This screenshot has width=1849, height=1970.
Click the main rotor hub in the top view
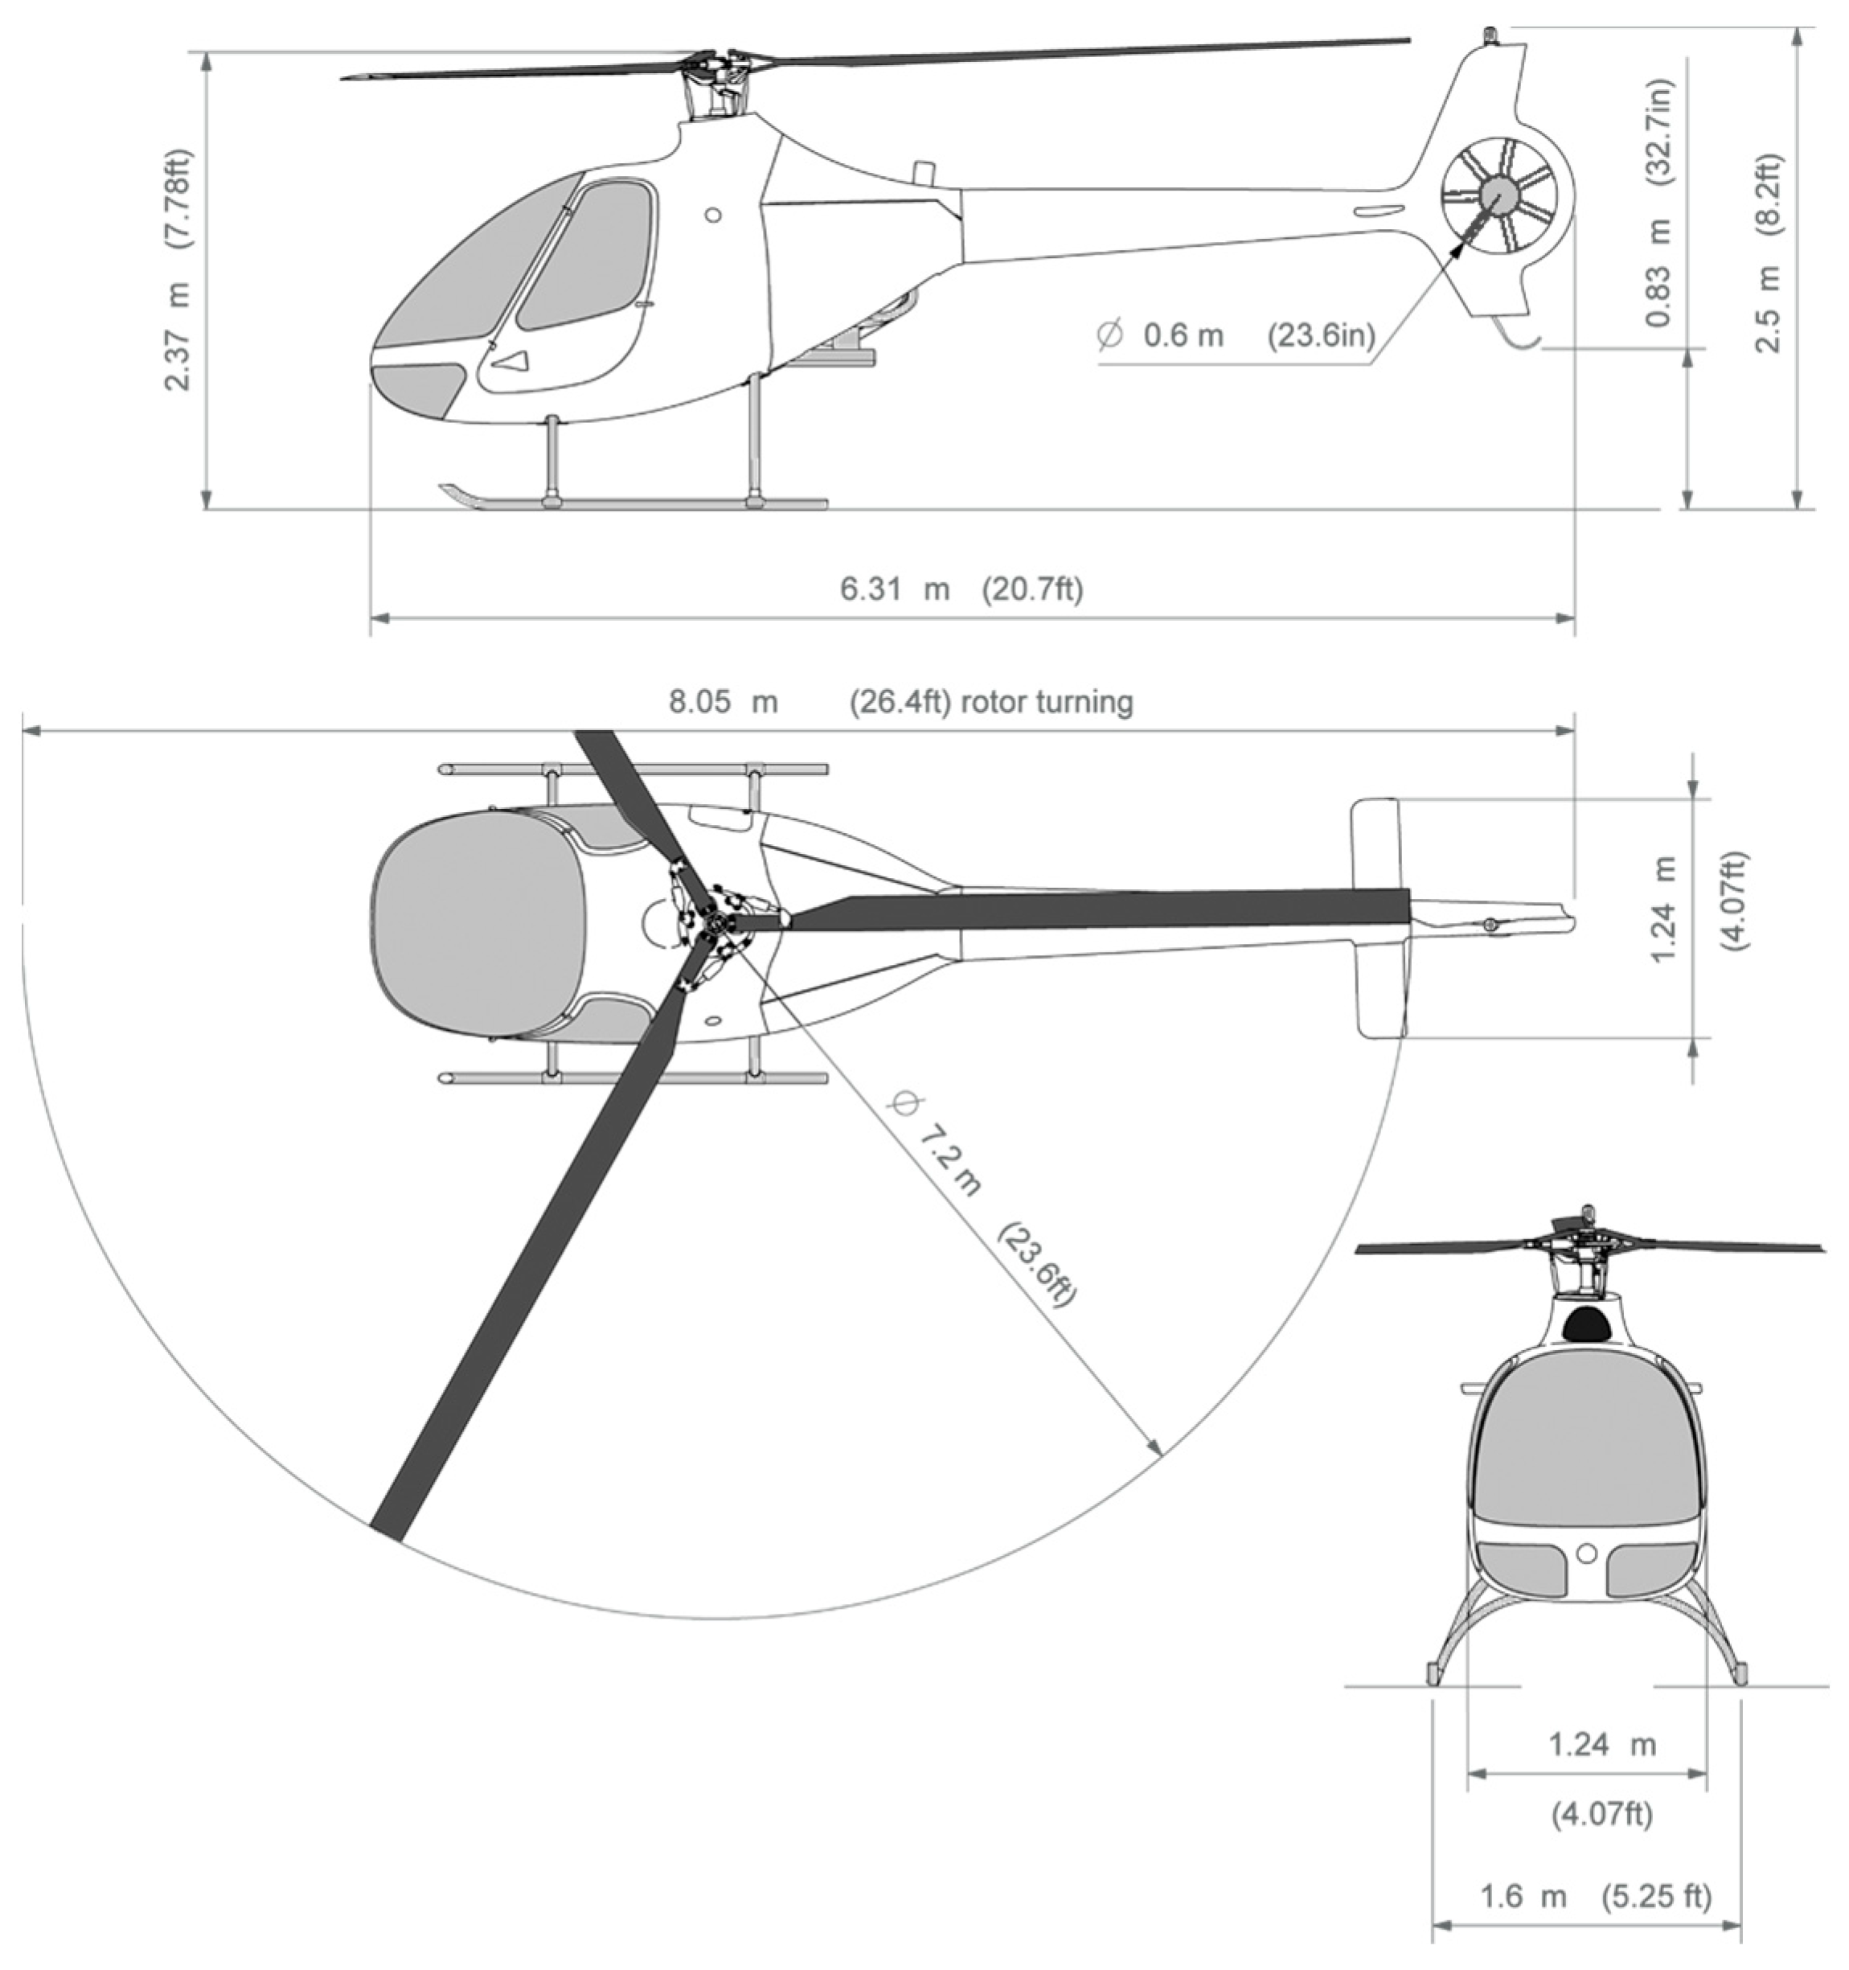(715, 922)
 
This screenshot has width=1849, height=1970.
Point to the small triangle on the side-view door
(512, 362)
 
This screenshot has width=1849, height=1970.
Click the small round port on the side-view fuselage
(712, 214)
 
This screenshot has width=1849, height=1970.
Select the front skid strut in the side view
(552, 461)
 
